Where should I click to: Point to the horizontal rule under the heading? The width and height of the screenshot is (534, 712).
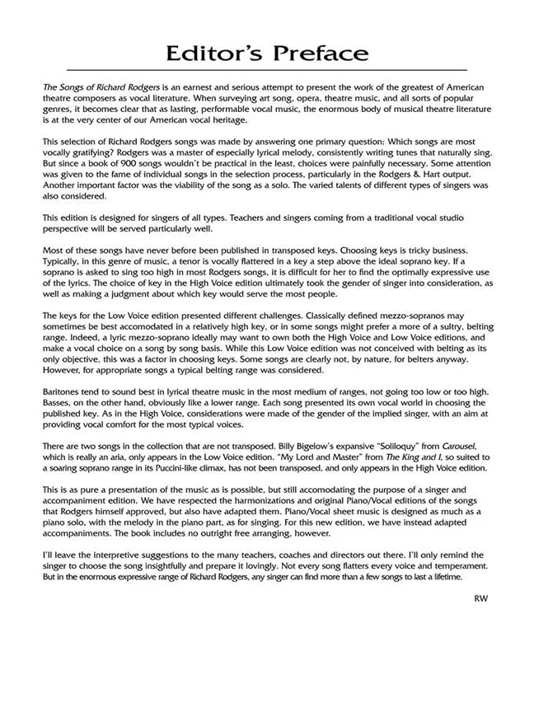click(266, 70)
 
